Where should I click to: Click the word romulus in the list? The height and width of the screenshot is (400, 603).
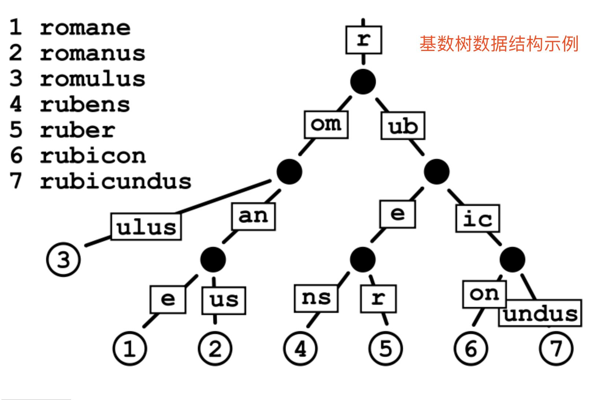[92, 79]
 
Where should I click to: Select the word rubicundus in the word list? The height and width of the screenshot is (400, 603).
[115, 181]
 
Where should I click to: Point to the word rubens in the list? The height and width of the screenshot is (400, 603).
[85, 105]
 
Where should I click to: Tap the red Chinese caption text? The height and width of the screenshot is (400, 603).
[499, 44]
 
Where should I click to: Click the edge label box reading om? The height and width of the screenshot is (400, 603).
[326, 125]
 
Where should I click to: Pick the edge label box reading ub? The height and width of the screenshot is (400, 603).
[403, 126]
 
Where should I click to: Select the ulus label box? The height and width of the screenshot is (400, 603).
[146, 227]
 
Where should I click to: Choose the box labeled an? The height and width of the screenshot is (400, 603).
[254, 216]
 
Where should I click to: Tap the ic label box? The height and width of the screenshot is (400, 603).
[477, 219]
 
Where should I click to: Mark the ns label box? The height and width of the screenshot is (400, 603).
[316, 298]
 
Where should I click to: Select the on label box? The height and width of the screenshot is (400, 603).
[484, 294]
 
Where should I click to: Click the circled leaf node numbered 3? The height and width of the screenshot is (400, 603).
[63, 259]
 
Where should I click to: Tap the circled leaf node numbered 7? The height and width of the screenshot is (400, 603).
[556, 348]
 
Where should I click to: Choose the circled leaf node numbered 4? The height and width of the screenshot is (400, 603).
[300, 348]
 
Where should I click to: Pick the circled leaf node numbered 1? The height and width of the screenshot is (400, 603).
[130, 348]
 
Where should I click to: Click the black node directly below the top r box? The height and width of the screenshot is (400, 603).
[363, 81]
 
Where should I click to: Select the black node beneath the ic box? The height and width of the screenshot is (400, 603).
[512, 259]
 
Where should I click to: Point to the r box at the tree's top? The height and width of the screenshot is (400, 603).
[363, 40]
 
